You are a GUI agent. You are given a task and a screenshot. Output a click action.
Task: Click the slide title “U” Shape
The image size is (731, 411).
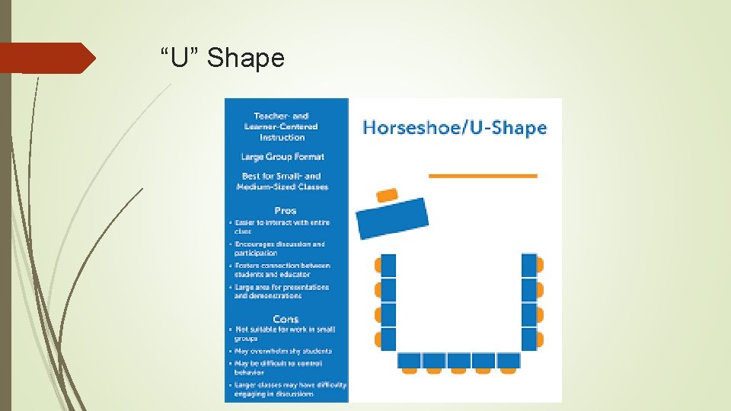[x=222, y=58]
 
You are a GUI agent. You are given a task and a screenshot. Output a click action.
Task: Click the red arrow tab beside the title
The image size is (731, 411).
[x=47, y=58]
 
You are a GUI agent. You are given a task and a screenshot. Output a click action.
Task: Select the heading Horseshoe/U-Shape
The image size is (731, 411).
[x=455, y=127]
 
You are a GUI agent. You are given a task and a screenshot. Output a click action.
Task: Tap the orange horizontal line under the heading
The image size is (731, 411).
[x=483, y=176]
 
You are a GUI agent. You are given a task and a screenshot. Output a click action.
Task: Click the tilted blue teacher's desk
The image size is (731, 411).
[x=392, y=218]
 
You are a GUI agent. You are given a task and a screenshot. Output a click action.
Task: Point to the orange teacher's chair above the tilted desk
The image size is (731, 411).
[x=387, y=195]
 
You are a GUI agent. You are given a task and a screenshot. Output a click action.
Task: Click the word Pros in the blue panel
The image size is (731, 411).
[x=286, y=210]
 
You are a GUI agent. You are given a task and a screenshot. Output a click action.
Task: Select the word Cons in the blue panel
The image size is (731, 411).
[x=286, y=319]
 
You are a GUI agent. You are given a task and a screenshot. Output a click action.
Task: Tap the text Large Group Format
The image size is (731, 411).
[x=283, y=157]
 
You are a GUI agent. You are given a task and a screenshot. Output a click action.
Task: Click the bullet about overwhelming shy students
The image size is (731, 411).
[x=283, y=351]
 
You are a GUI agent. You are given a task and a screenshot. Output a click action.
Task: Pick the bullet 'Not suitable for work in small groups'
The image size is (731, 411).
[x=283, y=334]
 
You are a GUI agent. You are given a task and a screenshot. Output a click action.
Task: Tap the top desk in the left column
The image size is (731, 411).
[x=388, y=266]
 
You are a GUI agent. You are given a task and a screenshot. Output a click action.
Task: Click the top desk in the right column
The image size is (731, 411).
[x=529, y=266]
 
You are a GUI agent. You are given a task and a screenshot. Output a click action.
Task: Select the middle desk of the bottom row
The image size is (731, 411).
[x=458, y=361]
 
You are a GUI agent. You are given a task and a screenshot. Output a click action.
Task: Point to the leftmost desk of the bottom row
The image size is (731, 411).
[x=410, y=361]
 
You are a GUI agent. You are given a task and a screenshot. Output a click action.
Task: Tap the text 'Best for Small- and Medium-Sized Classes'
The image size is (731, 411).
[x=283, y=181]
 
